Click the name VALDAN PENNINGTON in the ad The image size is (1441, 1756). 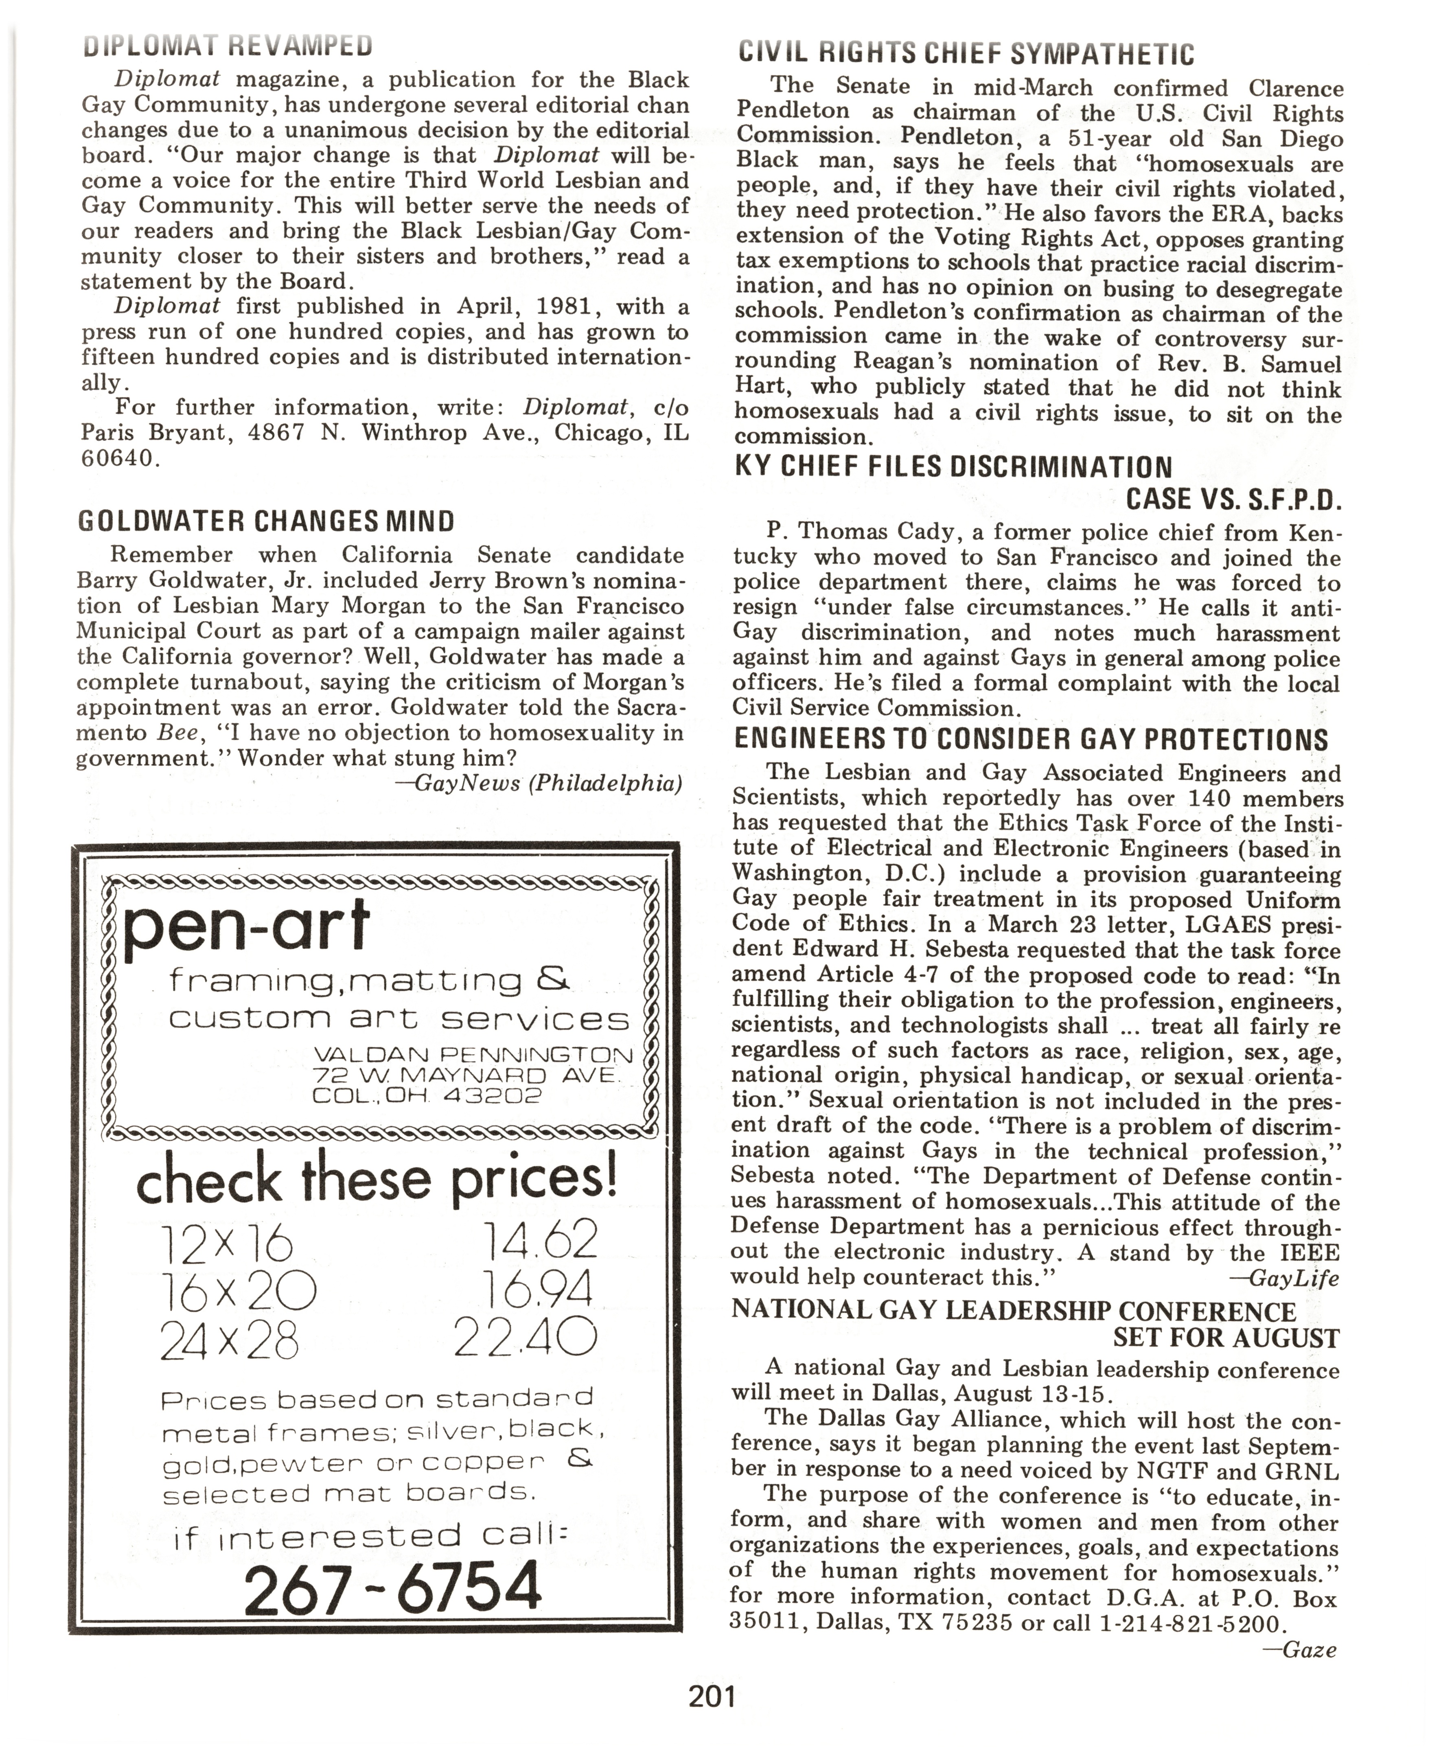click(x=473, y=1055)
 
